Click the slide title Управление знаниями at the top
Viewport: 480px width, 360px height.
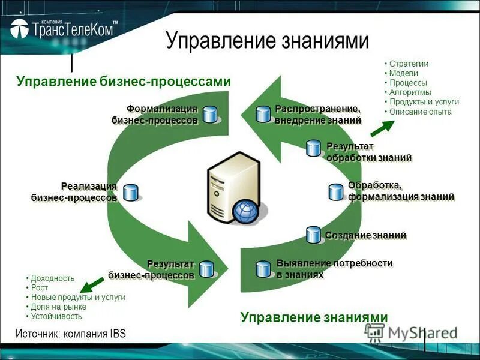point(267,40)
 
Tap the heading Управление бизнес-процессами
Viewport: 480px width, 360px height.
point(124,82)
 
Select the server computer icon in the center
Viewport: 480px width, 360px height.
point(230,188)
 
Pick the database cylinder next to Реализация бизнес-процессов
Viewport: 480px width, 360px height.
point(130,192)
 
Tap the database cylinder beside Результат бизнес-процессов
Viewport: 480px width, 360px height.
point(207,269)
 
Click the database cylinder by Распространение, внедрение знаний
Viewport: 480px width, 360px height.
point(263,114)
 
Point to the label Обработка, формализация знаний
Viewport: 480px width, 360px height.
point(400,191)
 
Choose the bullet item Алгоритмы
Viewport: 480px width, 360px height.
point(410,92)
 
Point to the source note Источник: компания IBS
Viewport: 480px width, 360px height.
point(71,334)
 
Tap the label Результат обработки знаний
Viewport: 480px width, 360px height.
point(368,152)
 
